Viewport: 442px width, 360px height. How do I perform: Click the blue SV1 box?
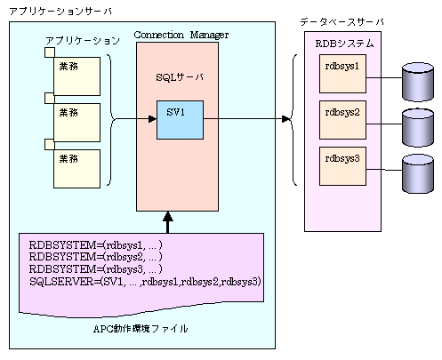pyautogui.click(x=180, y=120)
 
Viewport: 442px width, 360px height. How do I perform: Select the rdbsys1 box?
pyautogui.click(x=342, y=74)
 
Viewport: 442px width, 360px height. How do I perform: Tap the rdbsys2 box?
pyautogui.click(x=342, y=120)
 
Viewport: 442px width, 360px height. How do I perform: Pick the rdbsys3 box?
pyautogui.click(x=342, y=166)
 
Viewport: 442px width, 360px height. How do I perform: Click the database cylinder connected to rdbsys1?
pyautogui.click(x=418, y=82)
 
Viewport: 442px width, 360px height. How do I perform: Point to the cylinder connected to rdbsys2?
pyautogui.click(x=418, y=128)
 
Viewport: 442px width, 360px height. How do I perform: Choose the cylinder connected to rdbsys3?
pyautogui.click(x=418, y=173)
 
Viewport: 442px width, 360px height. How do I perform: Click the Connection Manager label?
pyautogui.click(x=181, y=36)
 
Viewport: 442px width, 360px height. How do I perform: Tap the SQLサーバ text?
pyautogui.click(x=180, y=77)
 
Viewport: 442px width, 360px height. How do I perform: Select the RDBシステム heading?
pyautogui.click(x=344, y=44)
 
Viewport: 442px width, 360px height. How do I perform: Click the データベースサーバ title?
pyautogui.click(x=342, y=21)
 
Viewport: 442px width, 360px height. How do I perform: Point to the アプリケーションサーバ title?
pyautogui.click(x=60, y=12)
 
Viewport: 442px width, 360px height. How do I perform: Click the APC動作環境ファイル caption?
pyautogui.click(x=141, y=329)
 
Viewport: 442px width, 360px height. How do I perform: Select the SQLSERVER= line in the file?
pyautogui.click(x=145, y=281)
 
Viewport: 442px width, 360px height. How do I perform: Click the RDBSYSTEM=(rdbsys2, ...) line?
pyautogui.click(x=96, y=257)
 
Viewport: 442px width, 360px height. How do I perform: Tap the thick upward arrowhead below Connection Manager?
pyautogui.click(x=168, y=216)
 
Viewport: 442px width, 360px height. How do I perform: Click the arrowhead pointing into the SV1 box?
pyautogui.click(x=152, y=119)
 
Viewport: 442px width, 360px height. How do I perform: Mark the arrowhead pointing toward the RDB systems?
pyautogui.click(x=286, y=119)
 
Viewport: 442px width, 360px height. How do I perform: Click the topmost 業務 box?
pyautogui.click(x=76, y=76)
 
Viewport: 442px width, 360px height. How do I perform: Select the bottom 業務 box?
pyautogui.click(x=76, y=169)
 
